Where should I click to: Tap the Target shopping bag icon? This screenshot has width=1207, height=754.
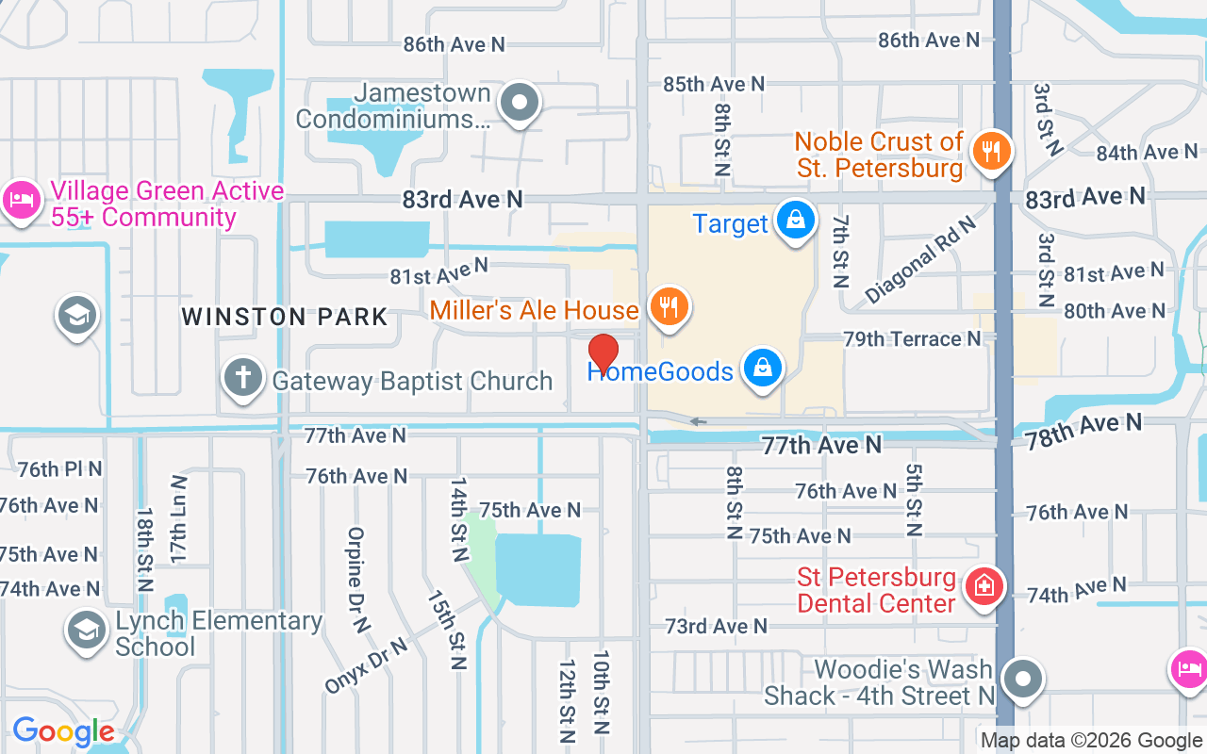tap(795, 220)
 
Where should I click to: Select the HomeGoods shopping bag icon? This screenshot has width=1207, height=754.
tap(762, 369)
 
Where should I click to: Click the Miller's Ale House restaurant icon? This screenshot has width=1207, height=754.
tap(669, 306)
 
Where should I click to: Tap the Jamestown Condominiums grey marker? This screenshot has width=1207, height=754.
tap(518, 103)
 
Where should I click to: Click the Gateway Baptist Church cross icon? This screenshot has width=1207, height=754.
tap(242, 378)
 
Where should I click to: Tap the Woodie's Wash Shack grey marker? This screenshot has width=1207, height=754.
tap(1021, 679)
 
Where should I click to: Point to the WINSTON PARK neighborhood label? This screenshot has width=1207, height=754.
tap(285, 317)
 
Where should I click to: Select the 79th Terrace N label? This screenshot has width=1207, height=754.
tap(912, 338)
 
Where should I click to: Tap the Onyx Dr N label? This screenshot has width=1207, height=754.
tap(366, 665)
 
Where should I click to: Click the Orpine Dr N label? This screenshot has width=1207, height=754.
tap(355, 579)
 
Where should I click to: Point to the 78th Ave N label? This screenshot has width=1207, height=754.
tap(1083, 431)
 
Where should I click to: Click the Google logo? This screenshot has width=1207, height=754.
tap(63, 731)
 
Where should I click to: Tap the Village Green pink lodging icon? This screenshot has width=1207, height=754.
tap(20, 200)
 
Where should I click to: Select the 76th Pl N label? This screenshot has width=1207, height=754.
tap(59, 468)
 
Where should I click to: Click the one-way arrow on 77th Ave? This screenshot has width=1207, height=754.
tap(697, 421)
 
